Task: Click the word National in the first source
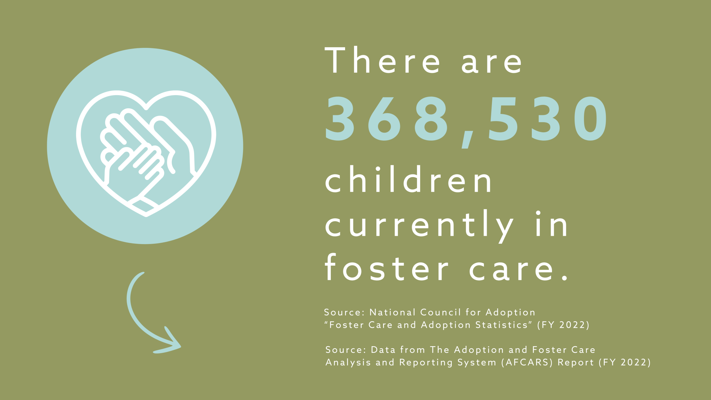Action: [392, 312]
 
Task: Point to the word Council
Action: [441, 312]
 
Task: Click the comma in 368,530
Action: [467, 139]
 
